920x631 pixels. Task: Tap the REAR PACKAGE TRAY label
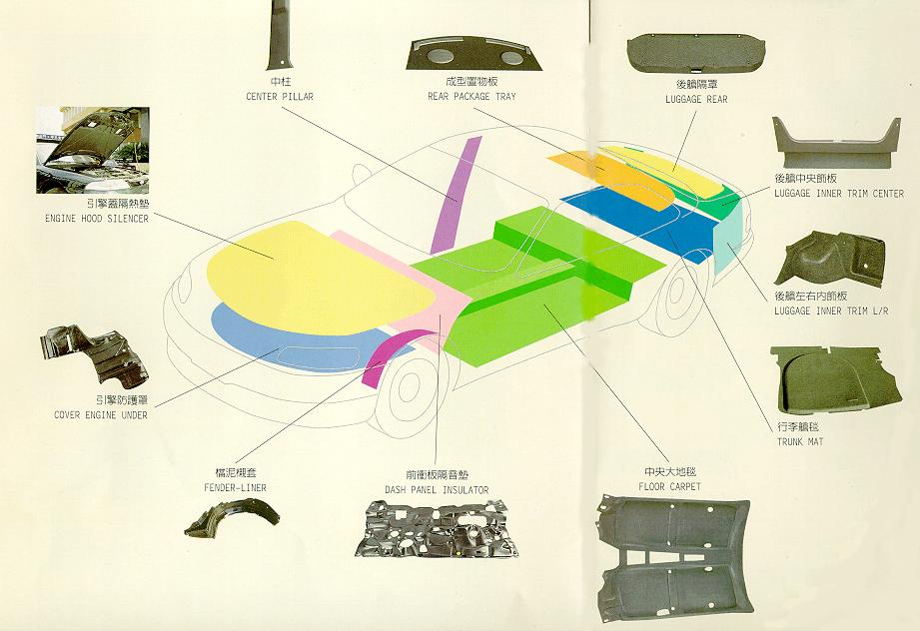point(472,96)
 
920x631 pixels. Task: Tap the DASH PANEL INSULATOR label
point(437,490)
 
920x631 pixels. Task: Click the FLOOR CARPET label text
point(669,486)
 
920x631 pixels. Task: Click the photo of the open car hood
point(92,150)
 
